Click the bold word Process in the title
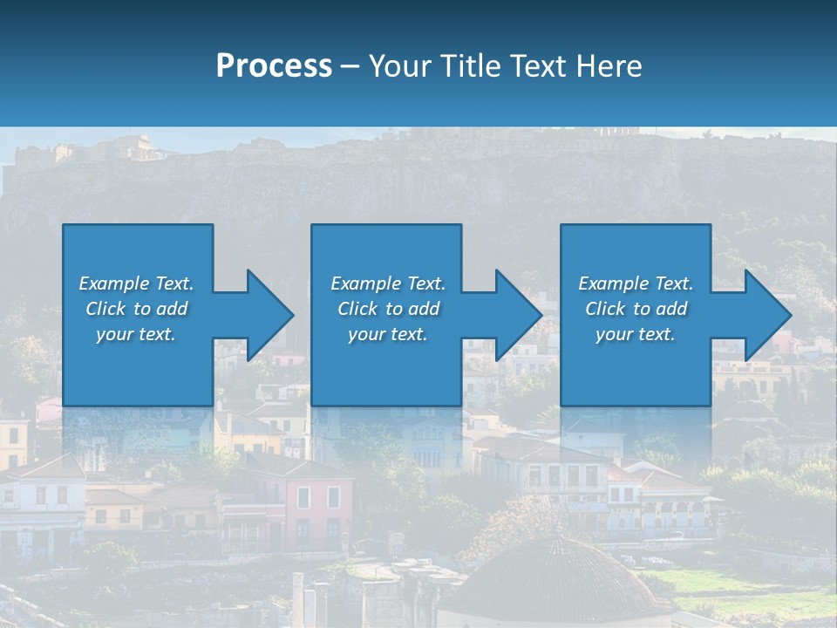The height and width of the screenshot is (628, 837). tap(274, 66)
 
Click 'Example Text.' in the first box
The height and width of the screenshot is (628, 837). tap(136, 283)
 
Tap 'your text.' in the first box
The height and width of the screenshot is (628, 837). tap(136, 334)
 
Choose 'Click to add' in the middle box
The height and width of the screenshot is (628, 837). tap(388, 309)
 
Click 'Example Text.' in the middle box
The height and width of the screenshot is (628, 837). tap(388, 283)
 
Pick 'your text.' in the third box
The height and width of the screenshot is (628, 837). tap(636, 334)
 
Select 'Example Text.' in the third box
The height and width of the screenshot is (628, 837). tap(636, 283)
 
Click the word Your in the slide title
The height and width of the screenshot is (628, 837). tap(396, 66)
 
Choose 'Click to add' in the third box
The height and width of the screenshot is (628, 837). tap(636, 309)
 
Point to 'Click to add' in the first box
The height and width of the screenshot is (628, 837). tap(136, 309)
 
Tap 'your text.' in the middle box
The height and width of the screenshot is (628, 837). tap(388, 334)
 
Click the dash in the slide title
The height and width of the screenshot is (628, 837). tap(350, 66)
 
